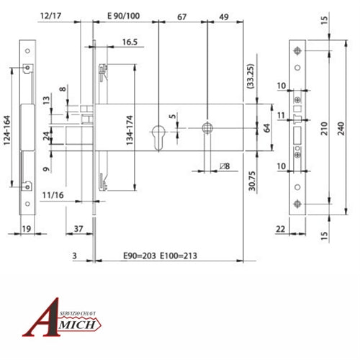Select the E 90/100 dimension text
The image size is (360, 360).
click(123, 14)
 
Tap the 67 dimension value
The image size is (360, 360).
click(181, 14)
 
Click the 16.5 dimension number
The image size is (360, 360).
click(130, 42)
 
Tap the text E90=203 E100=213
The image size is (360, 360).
click(160, 256)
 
